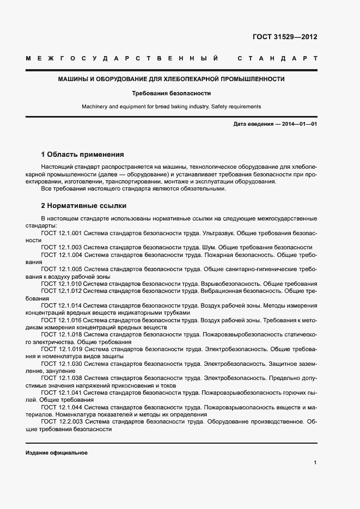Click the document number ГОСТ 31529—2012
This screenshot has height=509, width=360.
285,37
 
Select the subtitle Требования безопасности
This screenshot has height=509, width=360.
172,93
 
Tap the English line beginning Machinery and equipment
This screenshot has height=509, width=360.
172,107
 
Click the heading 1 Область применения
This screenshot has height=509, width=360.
82,154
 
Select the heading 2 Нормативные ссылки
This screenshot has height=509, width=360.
84,206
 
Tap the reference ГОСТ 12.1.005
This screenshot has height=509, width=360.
62,269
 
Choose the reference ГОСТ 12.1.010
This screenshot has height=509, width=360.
62,284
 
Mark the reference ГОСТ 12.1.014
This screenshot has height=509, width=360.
62,306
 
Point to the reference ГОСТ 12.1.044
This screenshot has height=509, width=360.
62,407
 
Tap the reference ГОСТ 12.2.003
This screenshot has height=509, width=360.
62,421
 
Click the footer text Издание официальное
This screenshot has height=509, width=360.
57,453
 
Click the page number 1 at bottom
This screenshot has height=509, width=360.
315,463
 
